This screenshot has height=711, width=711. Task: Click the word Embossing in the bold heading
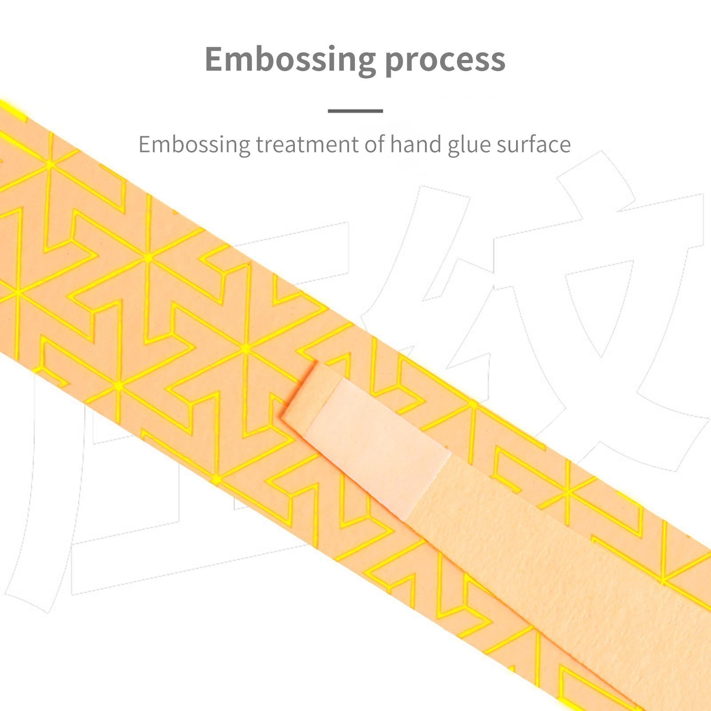point(290,60)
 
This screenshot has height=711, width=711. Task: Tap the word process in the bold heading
point(445,60)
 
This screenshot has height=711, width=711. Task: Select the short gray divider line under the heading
point(355,111)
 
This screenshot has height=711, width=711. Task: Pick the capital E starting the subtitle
point(144,145)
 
